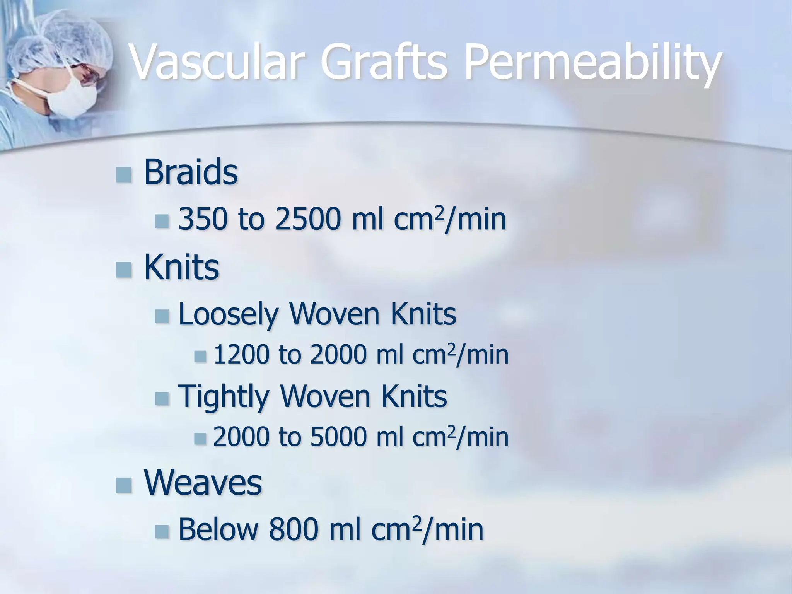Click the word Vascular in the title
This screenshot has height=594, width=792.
pyautogui.click(x=215, y=62)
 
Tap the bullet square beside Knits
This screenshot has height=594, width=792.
pyautogui.click(x=123, y=269)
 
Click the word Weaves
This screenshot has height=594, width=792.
pyautogui.click(x=203, y=483)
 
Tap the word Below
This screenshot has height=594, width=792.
pyautogui.click(x=218, y=530)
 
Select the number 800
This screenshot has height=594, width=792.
pyautogui.click(x=294, y=530)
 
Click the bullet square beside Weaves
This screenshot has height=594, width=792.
pyautogui.click(x=123, y=485)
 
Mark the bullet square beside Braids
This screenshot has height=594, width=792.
pyautogui.click(x=123, y=174)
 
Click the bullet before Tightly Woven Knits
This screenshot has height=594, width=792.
pyautogui.click(x=162, y=398)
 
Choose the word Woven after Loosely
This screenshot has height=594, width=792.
pyautogui.click(x=335, y=314)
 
